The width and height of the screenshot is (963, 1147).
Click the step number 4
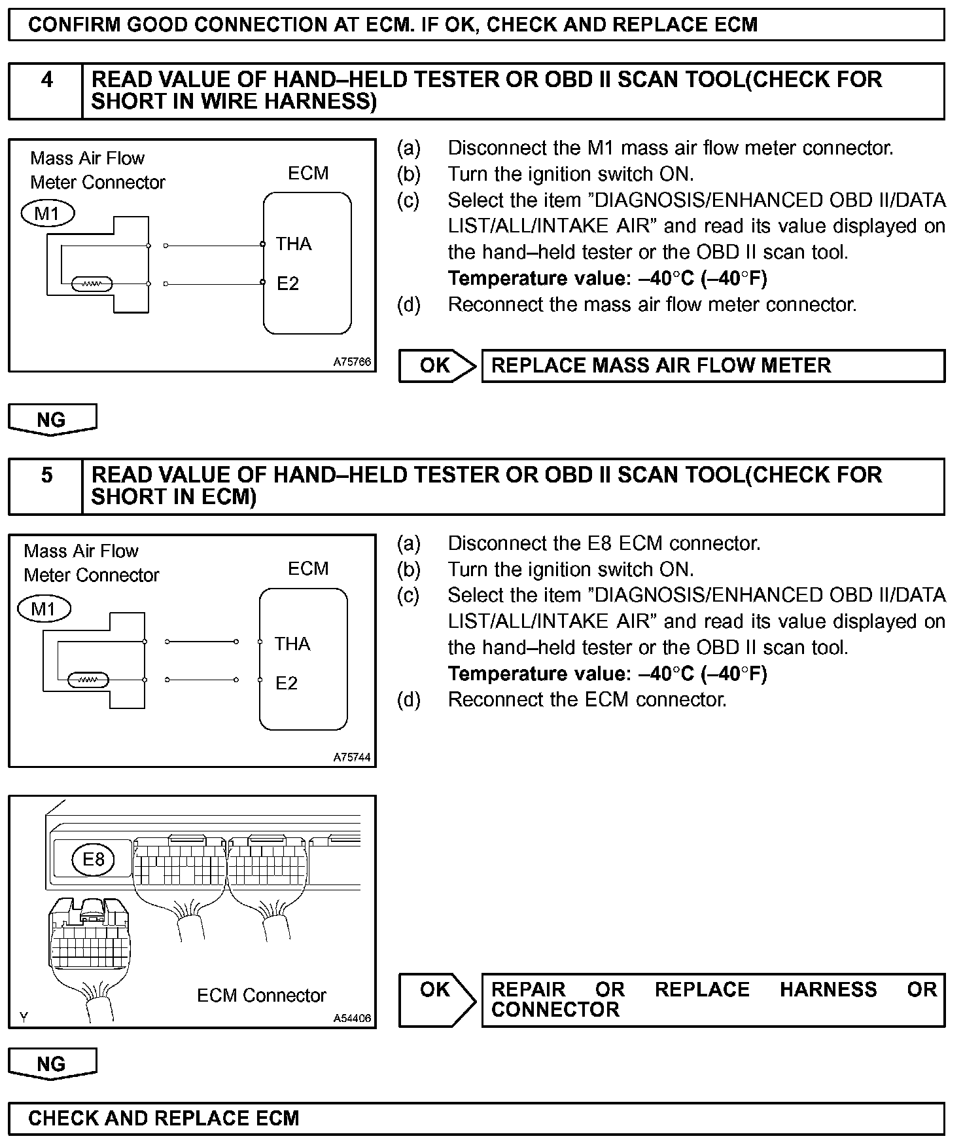tap(46, 80)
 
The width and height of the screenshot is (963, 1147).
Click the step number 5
tap(46, 475)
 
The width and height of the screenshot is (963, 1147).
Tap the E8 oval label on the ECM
tap(94, 859)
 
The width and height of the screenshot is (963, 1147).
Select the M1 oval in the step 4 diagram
tap(48, 213)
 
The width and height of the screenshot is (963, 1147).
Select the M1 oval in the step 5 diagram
tap(44, 609)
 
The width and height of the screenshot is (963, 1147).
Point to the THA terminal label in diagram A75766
tap(293, 244)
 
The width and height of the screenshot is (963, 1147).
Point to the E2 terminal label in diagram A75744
tap(287, 683)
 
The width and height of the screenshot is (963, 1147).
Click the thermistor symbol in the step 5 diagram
tap(88, 680)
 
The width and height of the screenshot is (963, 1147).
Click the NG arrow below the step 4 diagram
tap(52, 420)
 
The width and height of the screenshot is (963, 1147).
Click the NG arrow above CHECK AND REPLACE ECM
tap(52, 1064)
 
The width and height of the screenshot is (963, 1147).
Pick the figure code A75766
tap(352, 362)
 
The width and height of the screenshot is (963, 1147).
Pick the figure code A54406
tap(352, 1019)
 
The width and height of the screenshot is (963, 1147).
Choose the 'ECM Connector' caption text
tap(261, 995)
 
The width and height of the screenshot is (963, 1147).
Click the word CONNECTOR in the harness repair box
tap(555, 1010)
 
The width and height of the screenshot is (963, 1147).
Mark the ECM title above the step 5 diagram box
tap(308, 568)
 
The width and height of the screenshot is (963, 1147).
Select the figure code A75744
tap(352, 757)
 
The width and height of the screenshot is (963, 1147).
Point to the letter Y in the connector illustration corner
tap(24, 1017)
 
